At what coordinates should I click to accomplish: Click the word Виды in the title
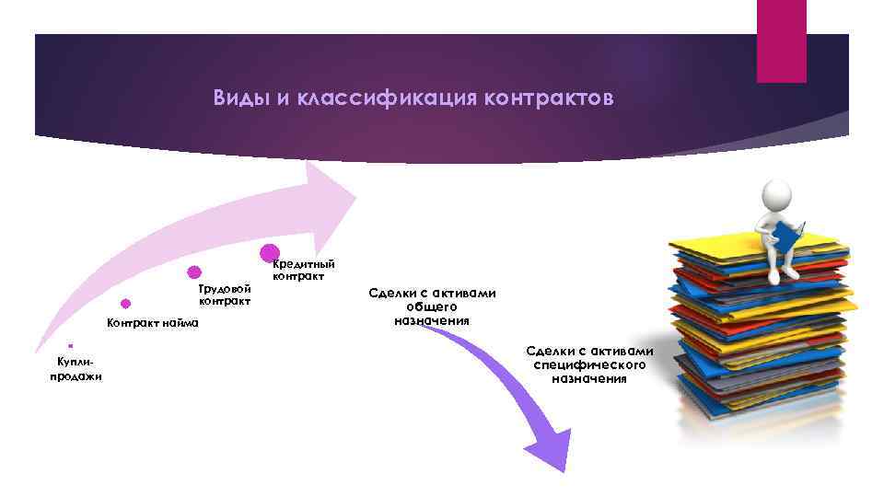(235, 98)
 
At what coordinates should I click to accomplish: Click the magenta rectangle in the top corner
(781, 40)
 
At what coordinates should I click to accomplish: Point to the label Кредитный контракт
(303, 269)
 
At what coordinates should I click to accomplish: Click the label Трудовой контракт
(225, 295)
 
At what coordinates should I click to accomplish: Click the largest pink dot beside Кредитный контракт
(270, 251)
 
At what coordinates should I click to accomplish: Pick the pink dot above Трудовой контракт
(194, 272)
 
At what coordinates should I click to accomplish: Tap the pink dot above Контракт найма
(125, 303)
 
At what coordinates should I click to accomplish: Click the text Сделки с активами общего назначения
(432, 306)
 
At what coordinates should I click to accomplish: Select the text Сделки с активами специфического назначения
(589, 364)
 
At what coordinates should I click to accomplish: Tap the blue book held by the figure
(787, 234)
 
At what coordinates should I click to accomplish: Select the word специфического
(589, 364)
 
